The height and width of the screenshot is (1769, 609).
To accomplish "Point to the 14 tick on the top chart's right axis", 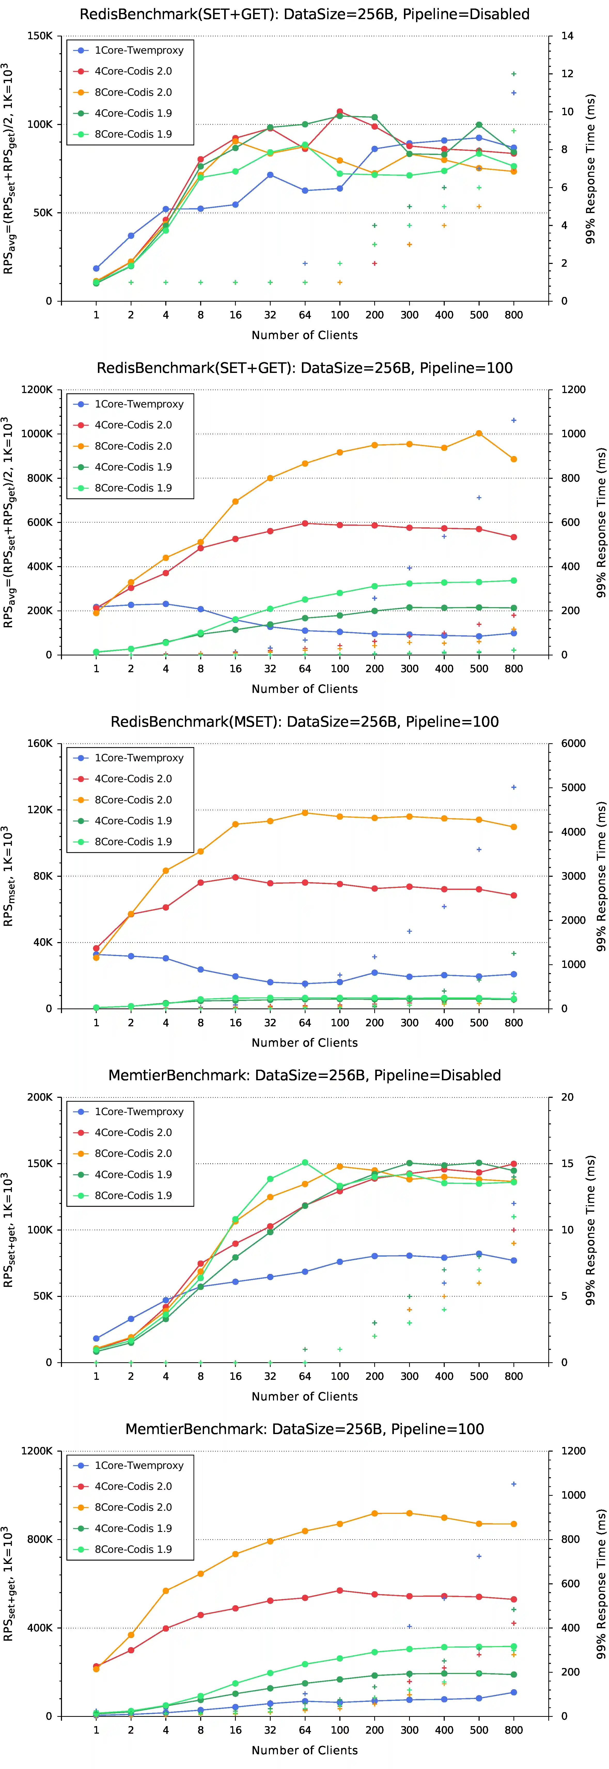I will (x=567, y=36).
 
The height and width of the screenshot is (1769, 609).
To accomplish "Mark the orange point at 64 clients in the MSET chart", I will (x=305, y=813).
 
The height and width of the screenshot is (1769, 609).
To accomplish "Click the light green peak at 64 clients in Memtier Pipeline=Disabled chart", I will (x=305, y=1163).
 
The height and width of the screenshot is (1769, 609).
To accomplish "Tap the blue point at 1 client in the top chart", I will (x=96, y=269).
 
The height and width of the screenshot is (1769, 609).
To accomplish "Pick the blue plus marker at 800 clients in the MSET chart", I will (x=513, y=788).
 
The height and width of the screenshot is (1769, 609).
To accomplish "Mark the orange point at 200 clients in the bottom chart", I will (x=374, y=1514).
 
